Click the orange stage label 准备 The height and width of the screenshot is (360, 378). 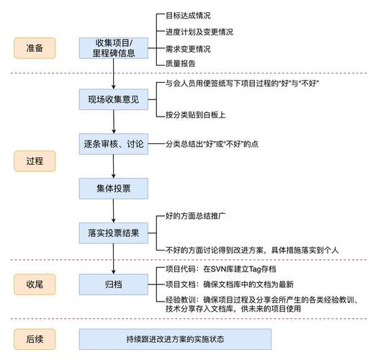35,48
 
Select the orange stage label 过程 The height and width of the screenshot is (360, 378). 35,161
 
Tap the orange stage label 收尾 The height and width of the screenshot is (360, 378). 35,284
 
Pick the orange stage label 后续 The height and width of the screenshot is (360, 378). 35,339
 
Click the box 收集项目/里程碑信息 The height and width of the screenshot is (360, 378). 114,48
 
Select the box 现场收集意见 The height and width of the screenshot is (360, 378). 114,99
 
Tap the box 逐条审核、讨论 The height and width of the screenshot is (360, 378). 114,144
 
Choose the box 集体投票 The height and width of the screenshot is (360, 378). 114,189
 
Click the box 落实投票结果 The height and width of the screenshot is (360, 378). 114,233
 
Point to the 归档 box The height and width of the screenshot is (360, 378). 114,284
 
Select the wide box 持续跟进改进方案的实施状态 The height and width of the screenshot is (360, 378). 175,339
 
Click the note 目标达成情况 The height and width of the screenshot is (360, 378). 188,16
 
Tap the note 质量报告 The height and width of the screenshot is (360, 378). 180,63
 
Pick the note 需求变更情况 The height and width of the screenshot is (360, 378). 188,49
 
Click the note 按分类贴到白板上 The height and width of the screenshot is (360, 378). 196,114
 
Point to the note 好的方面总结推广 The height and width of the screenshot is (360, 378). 196,216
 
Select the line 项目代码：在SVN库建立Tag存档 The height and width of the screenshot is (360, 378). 221,269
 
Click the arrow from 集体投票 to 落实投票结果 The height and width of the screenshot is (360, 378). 114,211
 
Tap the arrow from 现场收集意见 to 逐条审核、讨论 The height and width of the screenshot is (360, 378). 114,122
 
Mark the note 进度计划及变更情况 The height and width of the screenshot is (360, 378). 199,32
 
